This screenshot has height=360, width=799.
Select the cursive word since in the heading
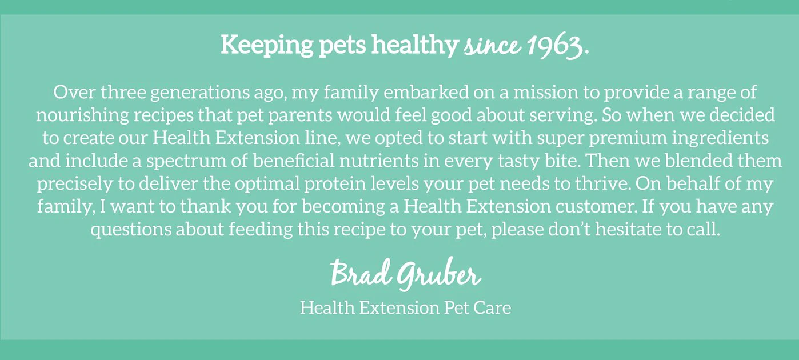point(490,46)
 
